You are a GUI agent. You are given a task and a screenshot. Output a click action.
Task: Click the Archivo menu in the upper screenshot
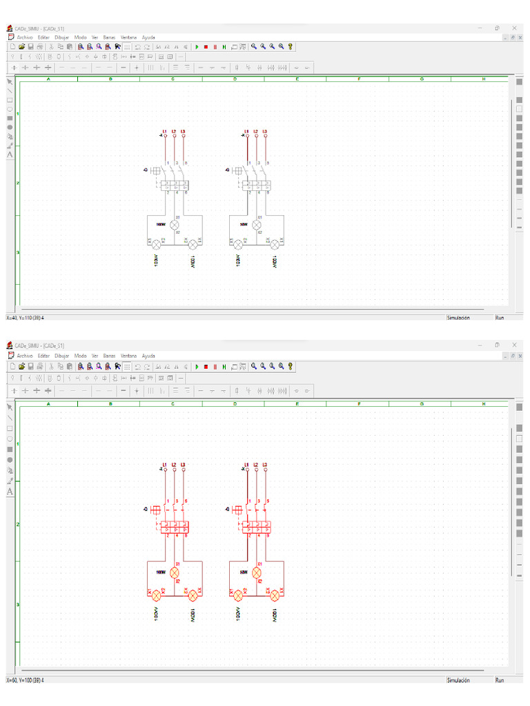click(25, 37)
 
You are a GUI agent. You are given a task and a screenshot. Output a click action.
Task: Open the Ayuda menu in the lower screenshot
click(148, 356)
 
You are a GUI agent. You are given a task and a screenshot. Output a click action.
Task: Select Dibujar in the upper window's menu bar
click(62, 37)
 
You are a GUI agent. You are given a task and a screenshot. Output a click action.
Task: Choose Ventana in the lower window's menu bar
click(128, 356)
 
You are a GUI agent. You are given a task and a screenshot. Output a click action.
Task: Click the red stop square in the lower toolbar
click(206, 366)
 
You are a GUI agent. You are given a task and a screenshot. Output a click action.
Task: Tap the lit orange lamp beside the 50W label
click(257, 572)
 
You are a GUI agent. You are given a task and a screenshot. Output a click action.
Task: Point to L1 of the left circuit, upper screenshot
click(164, 132)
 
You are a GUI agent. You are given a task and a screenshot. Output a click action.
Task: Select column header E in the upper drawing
click(297, 79)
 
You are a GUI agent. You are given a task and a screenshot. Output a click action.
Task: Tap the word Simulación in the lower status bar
click(458, 680)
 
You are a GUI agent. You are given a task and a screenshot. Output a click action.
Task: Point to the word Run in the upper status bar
click(500, 318)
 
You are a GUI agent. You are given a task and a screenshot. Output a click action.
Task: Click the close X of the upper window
click(513, 28)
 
